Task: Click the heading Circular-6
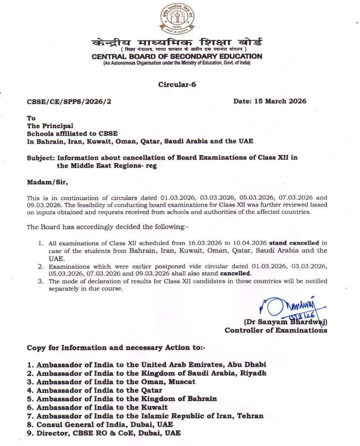point(177,84)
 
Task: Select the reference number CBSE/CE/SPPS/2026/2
point(69,102)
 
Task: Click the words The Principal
point(50,126)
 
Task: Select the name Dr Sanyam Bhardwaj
point(285,322)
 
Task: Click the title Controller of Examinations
point(276,330)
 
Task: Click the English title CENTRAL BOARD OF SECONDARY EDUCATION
point(177,57)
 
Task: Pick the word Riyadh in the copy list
point(252,373)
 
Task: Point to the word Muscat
point(184,381)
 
